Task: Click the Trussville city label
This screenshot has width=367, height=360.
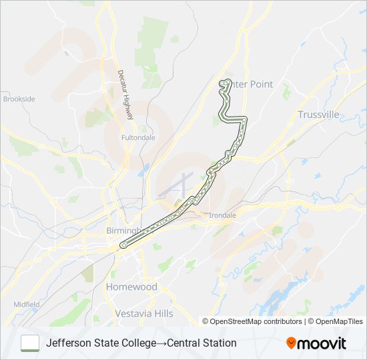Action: pos(319,115)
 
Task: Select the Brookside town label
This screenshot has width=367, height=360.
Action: pos(19,99)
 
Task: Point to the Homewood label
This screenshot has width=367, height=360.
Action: pos(131,287)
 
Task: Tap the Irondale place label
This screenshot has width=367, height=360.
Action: pos(223,215)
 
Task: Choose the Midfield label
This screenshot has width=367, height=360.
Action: pos(27,304)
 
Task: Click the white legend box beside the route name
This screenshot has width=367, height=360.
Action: pos(30,343)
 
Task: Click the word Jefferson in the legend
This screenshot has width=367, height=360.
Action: pos(69,343)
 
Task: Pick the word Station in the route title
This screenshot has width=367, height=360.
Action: pos(219,343)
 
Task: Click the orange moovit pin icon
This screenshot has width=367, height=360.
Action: pos(291,343)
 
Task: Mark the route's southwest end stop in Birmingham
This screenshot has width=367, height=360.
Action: pos(123,245)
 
